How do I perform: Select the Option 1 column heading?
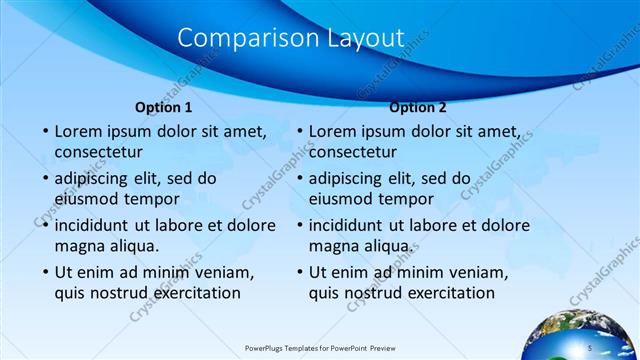click(x=163, y=107)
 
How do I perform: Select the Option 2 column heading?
click(x=418, y=107)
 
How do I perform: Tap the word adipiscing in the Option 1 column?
click(x=96, y=179)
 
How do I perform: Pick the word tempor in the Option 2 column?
click(x=430, y=198)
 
